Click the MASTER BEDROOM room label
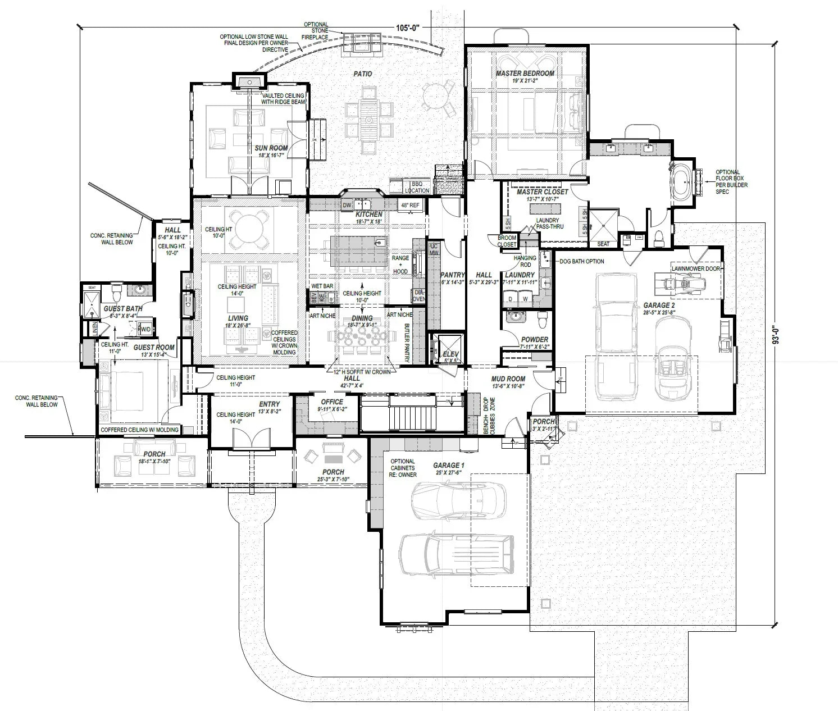pyautogui.click(x=525, y=74)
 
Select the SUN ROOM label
pyautogui.click(x=271, y=149)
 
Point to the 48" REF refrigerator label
pyautogui.click(x=409, y=206)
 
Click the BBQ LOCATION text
pyautogui.click(x=420, y=187)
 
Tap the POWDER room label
pyautogui.click(x=534, y=340)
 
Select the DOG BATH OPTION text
pyautogui.click(x=581, y=261)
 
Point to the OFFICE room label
pyautogui.click(x=331, y=402)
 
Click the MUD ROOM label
pyautogui.click(x=508, y=379)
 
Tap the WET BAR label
pyautogui.click(x=322, y=286)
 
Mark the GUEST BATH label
pyautogui.click(x=122, y=308)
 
